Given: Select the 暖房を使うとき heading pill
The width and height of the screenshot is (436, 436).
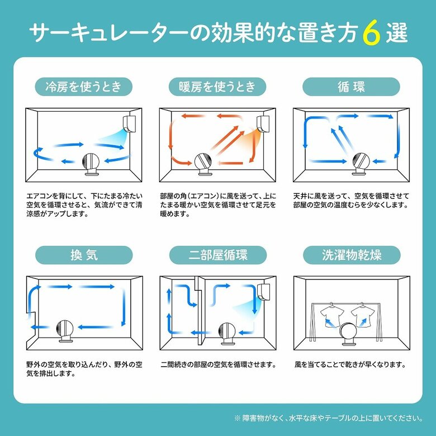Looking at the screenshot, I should pyautogui.click(x=217, y=87).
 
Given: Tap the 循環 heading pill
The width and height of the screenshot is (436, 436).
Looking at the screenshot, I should pyautogui.click(x=351, y=87).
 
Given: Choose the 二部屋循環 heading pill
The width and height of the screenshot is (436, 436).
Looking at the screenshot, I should pyautogui.click(x=217, y=255).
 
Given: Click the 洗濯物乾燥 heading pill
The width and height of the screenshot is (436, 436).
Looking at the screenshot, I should pyautogui.click(x=351, y=255).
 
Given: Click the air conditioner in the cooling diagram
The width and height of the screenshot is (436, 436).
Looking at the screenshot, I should pyautogui.click(x=129, y=123).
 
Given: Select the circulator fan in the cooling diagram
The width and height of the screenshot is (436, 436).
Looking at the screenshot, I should pyautogui.click(x=91, y=165).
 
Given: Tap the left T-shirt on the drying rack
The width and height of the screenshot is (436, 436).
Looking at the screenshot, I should pyautogui.click(x=333, y=316).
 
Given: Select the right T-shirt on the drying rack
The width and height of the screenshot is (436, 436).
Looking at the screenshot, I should pyautogui.click(x=363, y=316).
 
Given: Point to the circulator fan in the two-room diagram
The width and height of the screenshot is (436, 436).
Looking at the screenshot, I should pyautogui.click(x=226, y=334).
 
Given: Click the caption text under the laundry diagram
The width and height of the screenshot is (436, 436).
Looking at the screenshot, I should pyautogui.click(x=349, y=364).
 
